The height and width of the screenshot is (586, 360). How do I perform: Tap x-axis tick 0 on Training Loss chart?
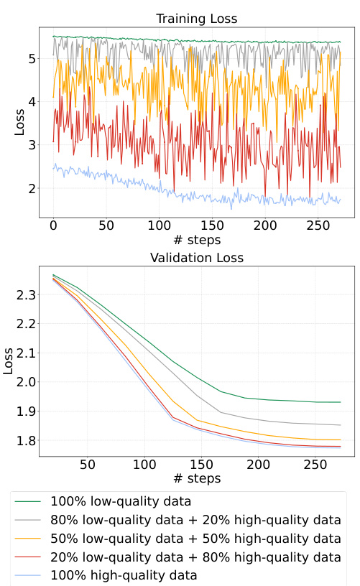[53, 225]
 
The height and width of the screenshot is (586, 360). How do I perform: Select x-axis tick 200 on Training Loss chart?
[265, 225]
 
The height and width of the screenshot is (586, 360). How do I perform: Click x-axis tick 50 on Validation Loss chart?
[88, 465]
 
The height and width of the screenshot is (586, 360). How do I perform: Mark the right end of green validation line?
[340, 402]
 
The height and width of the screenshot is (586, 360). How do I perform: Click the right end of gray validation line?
[340, 425]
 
